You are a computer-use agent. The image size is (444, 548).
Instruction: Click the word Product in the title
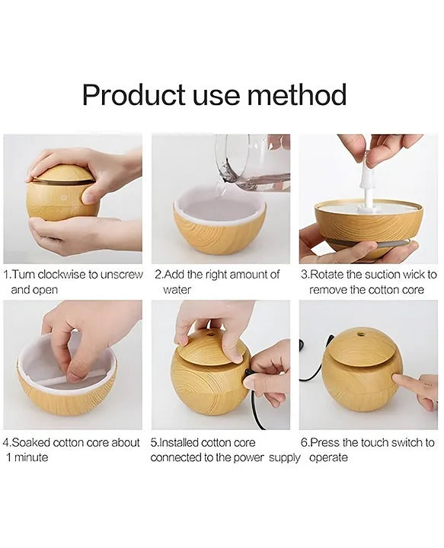coord(133,97)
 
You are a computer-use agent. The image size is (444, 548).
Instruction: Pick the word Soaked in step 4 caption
coord(32,442)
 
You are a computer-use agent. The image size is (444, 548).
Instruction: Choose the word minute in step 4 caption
coord(32,457)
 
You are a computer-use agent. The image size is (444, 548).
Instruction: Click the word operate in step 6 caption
coord(328,457)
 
